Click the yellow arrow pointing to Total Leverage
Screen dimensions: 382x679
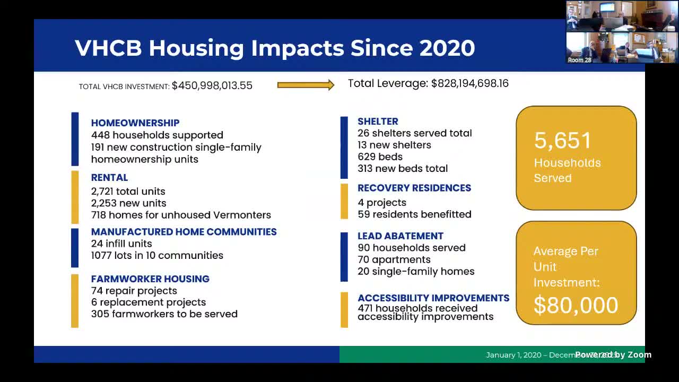click(x=306, y=85)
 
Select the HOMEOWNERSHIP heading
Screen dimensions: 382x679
click(x=135, y=123)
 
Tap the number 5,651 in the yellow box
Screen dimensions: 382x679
click(x=562, y=141)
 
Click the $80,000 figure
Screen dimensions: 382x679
click(x=576, y=306)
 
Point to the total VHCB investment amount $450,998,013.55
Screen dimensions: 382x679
click(x=212, y=85)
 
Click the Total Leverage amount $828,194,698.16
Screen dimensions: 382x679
click(x=469, y=83)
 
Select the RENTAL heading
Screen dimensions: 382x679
click(x=109, y=178)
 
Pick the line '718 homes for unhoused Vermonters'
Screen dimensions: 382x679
click(x=181, y=215)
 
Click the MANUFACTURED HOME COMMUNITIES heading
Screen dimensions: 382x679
click(x=184, y=232)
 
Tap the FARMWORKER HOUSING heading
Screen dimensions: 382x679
click(x=150, y=279)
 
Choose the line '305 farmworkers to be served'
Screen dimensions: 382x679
click(x=164, y=314)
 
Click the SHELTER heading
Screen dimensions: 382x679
click(x=378, y=121)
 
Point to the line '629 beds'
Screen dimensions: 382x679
click(x=380, y=157)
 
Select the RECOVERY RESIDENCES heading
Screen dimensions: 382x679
click(x=414, y=188)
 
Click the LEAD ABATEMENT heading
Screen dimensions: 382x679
click(x=400, y=236)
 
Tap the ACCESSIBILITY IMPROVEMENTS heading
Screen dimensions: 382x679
click(x=433, y=298)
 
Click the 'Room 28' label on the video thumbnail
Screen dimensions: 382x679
click(x=579, y=60)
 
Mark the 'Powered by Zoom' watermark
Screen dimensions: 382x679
click(x=613, y=354)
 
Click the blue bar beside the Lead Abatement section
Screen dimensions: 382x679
click(x=344, y=257)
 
